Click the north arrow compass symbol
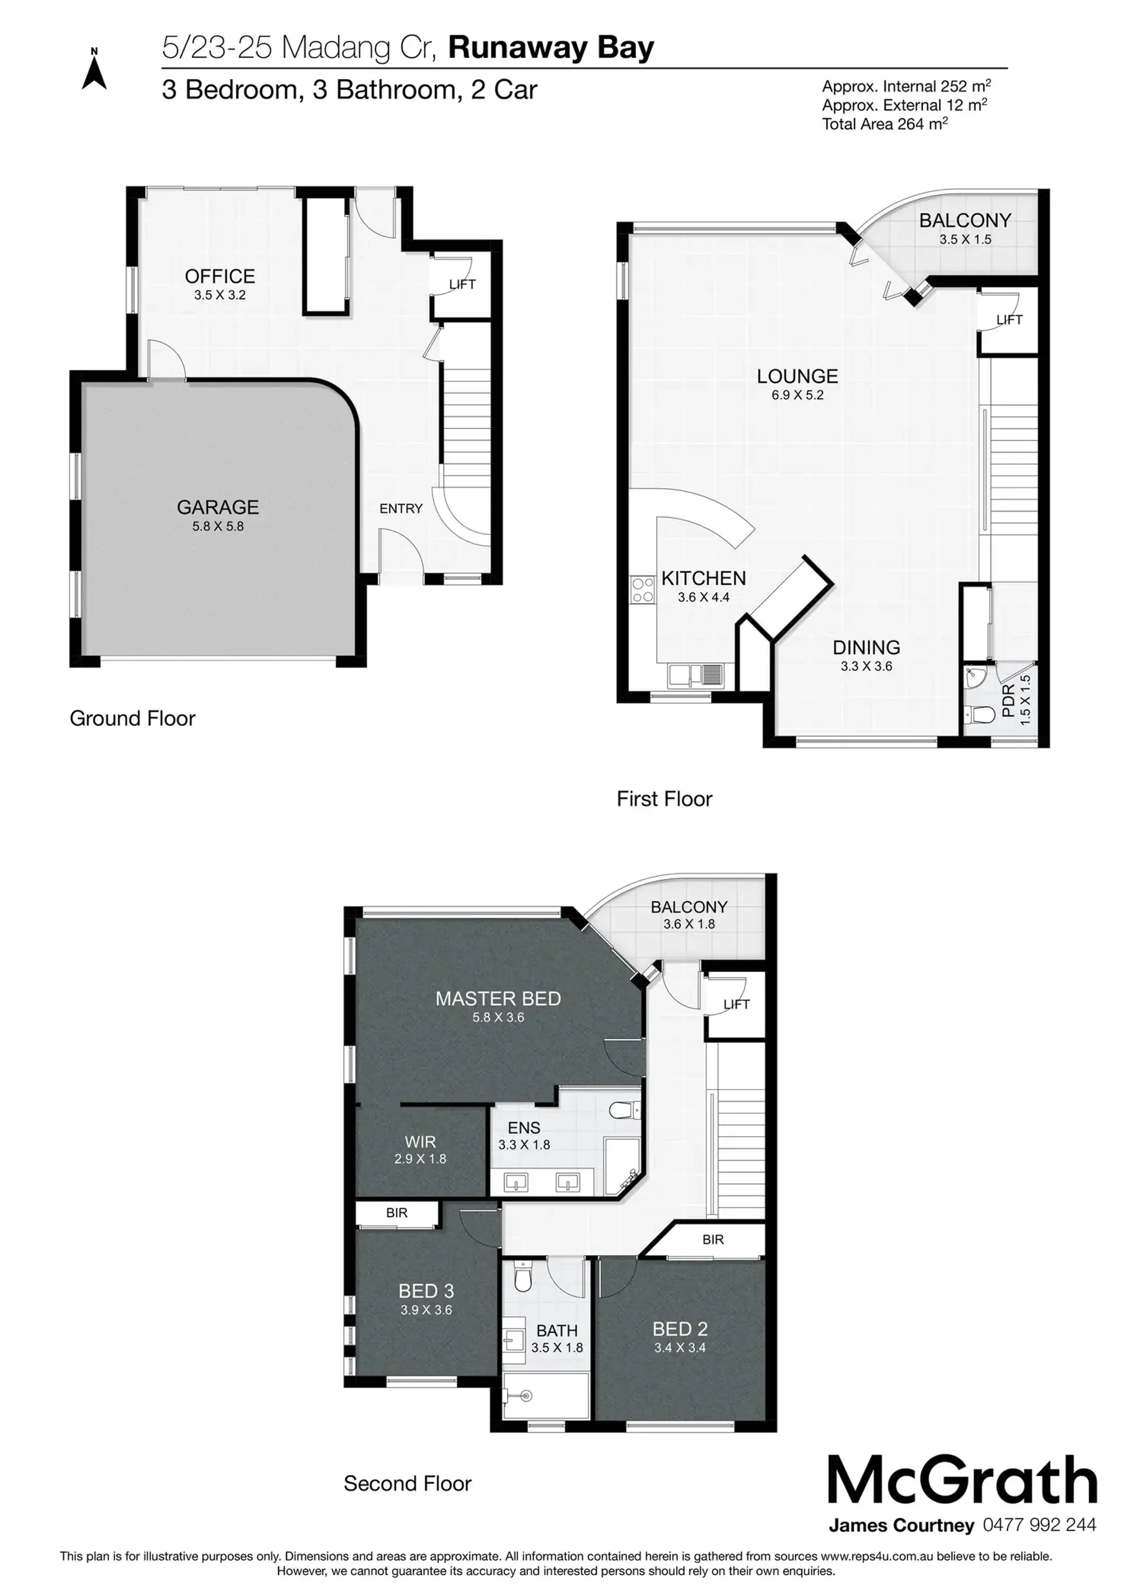(95, 69)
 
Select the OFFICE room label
(220, 276)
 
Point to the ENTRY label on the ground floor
(401, 508)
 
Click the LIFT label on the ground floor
(462, 284)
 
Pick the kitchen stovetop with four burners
(643, 591)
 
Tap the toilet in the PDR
(979, 714)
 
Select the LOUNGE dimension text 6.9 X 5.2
(798, 395)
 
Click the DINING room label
(866, 648)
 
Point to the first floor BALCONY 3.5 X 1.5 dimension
(965, 239)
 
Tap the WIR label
(420, 1142)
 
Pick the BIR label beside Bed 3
(397, 1212)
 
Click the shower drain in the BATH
(527, 1395)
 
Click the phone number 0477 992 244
(1039, 1525)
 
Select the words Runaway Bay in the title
(551, 48)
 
